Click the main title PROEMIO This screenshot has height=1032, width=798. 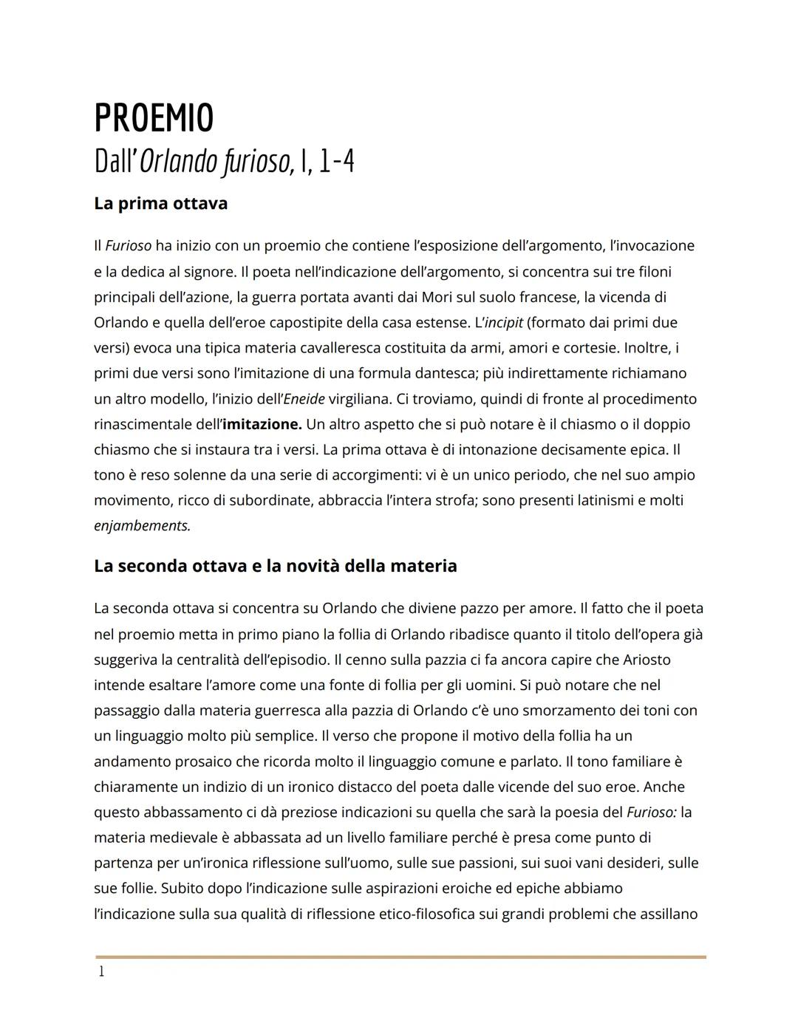pyautogui.click(x=154, y=118)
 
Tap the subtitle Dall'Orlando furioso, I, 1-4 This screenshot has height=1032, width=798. pyautogui.click(x=224, y=162)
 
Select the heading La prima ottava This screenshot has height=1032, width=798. pyautogui.click(x=160, y=203)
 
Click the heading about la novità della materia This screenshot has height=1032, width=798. pyautogui.click(x=275, y=566)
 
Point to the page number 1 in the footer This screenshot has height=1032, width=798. pyautogui.click(x=101, y=971)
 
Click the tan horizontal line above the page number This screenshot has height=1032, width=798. pyautogui.click(x=400, y=957)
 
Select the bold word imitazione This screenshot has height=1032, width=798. pyautogui.click(x=262, y=425)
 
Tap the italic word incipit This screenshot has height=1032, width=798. pyautogui.click(x=502, y=323)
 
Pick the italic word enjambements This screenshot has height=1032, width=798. pyautogui.click(x=142, y=526)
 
